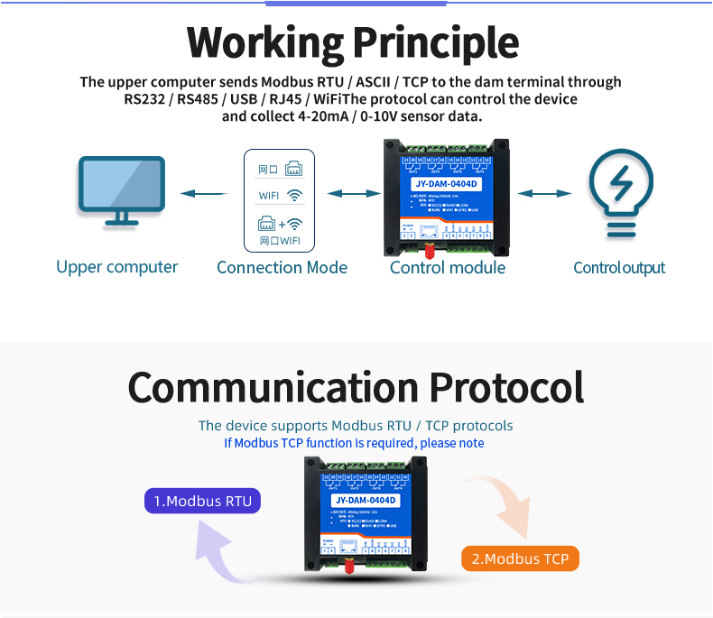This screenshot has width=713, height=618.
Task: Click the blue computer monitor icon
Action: [x=121, y=190]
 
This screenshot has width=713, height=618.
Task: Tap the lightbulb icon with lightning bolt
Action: [x=620, y=192]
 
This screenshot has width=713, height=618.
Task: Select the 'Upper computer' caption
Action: [x=117, y=267]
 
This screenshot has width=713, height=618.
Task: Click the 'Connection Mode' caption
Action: [x=282, y=267]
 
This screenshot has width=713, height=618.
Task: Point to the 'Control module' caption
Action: [x=448, y=267]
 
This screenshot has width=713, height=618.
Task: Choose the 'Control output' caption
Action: [x=619, y=268]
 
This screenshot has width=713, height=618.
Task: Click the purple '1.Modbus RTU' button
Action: [x=202, y=501]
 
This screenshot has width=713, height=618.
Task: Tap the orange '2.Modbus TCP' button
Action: [x=520, y=558]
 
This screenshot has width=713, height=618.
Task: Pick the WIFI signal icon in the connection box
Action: [x=294, y=195]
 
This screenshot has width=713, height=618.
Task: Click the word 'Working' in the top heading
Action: [x=264, y=42]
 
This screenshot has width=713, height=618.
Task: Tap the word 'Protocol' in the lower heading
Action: [x=505, y=387]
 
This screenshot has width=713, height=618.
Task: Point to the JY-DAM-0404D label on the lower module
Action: [x=366, y=500]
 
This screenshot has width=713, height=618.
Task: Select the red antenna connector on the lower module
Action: [x=347, y=566]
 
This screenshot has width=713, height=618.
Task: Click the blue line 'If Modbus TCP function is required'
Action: [x=354, y=443]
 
